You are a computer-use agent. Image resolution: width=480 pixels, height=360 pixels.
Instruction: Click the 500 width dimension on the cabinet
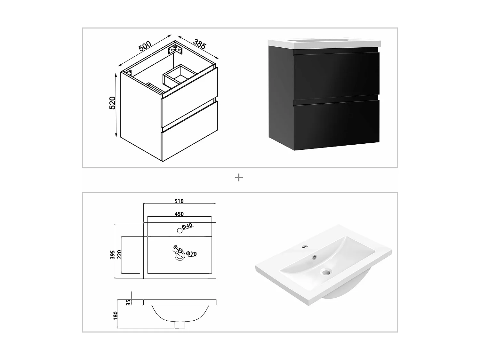click(145, 46)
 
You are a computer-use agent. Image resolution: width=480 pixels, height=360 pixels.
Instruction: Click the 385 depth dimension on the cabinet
click(199, 44)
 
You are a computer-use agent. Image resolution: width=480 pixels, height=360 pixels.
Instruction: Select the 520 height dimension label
click(112, 103)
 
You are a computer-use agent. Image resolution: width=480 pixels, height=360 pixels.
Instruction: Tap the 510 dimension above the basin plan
click(179, 201)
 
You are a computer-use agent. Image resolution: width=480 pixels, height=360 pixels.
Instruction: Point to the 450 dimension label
click(179, 214)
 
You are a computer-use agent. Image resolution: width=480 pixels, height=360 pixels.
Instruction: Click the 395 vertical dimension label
click(112, 255)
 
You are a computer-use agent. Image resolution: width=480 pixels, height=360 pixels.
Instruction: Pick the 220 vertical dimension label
click(119, 254)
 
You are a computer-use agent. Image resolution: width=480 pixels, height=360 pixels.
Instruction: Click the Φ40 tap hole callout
click(187, 226)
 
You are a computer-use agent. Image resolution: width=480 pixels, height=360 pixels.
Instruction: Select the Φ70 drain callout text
click(191, 253)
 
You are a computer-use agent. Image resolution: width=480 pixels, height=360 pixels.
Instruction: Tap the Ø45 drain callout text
click(178, 249)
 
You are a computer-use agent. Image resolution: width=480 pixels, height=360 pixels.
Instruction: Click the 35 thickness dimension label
click(128, 302)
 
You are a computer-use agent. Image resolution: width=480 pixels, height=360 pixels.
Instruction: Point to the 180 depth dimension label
click(116, 316)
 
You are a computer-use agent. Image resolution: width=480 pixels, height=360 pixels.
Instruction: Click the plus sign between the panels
click(239, 178)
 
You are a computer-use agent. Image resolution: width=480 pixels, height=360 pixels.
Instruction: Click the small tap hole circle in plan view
click(180, 231)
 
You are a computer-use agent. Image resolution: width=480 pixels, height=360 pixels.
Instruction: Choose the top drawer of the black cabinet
click(336, 76)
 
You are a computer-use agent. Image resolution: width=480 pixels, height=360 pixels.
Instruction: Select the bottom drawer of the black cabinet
click(336, 124)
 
